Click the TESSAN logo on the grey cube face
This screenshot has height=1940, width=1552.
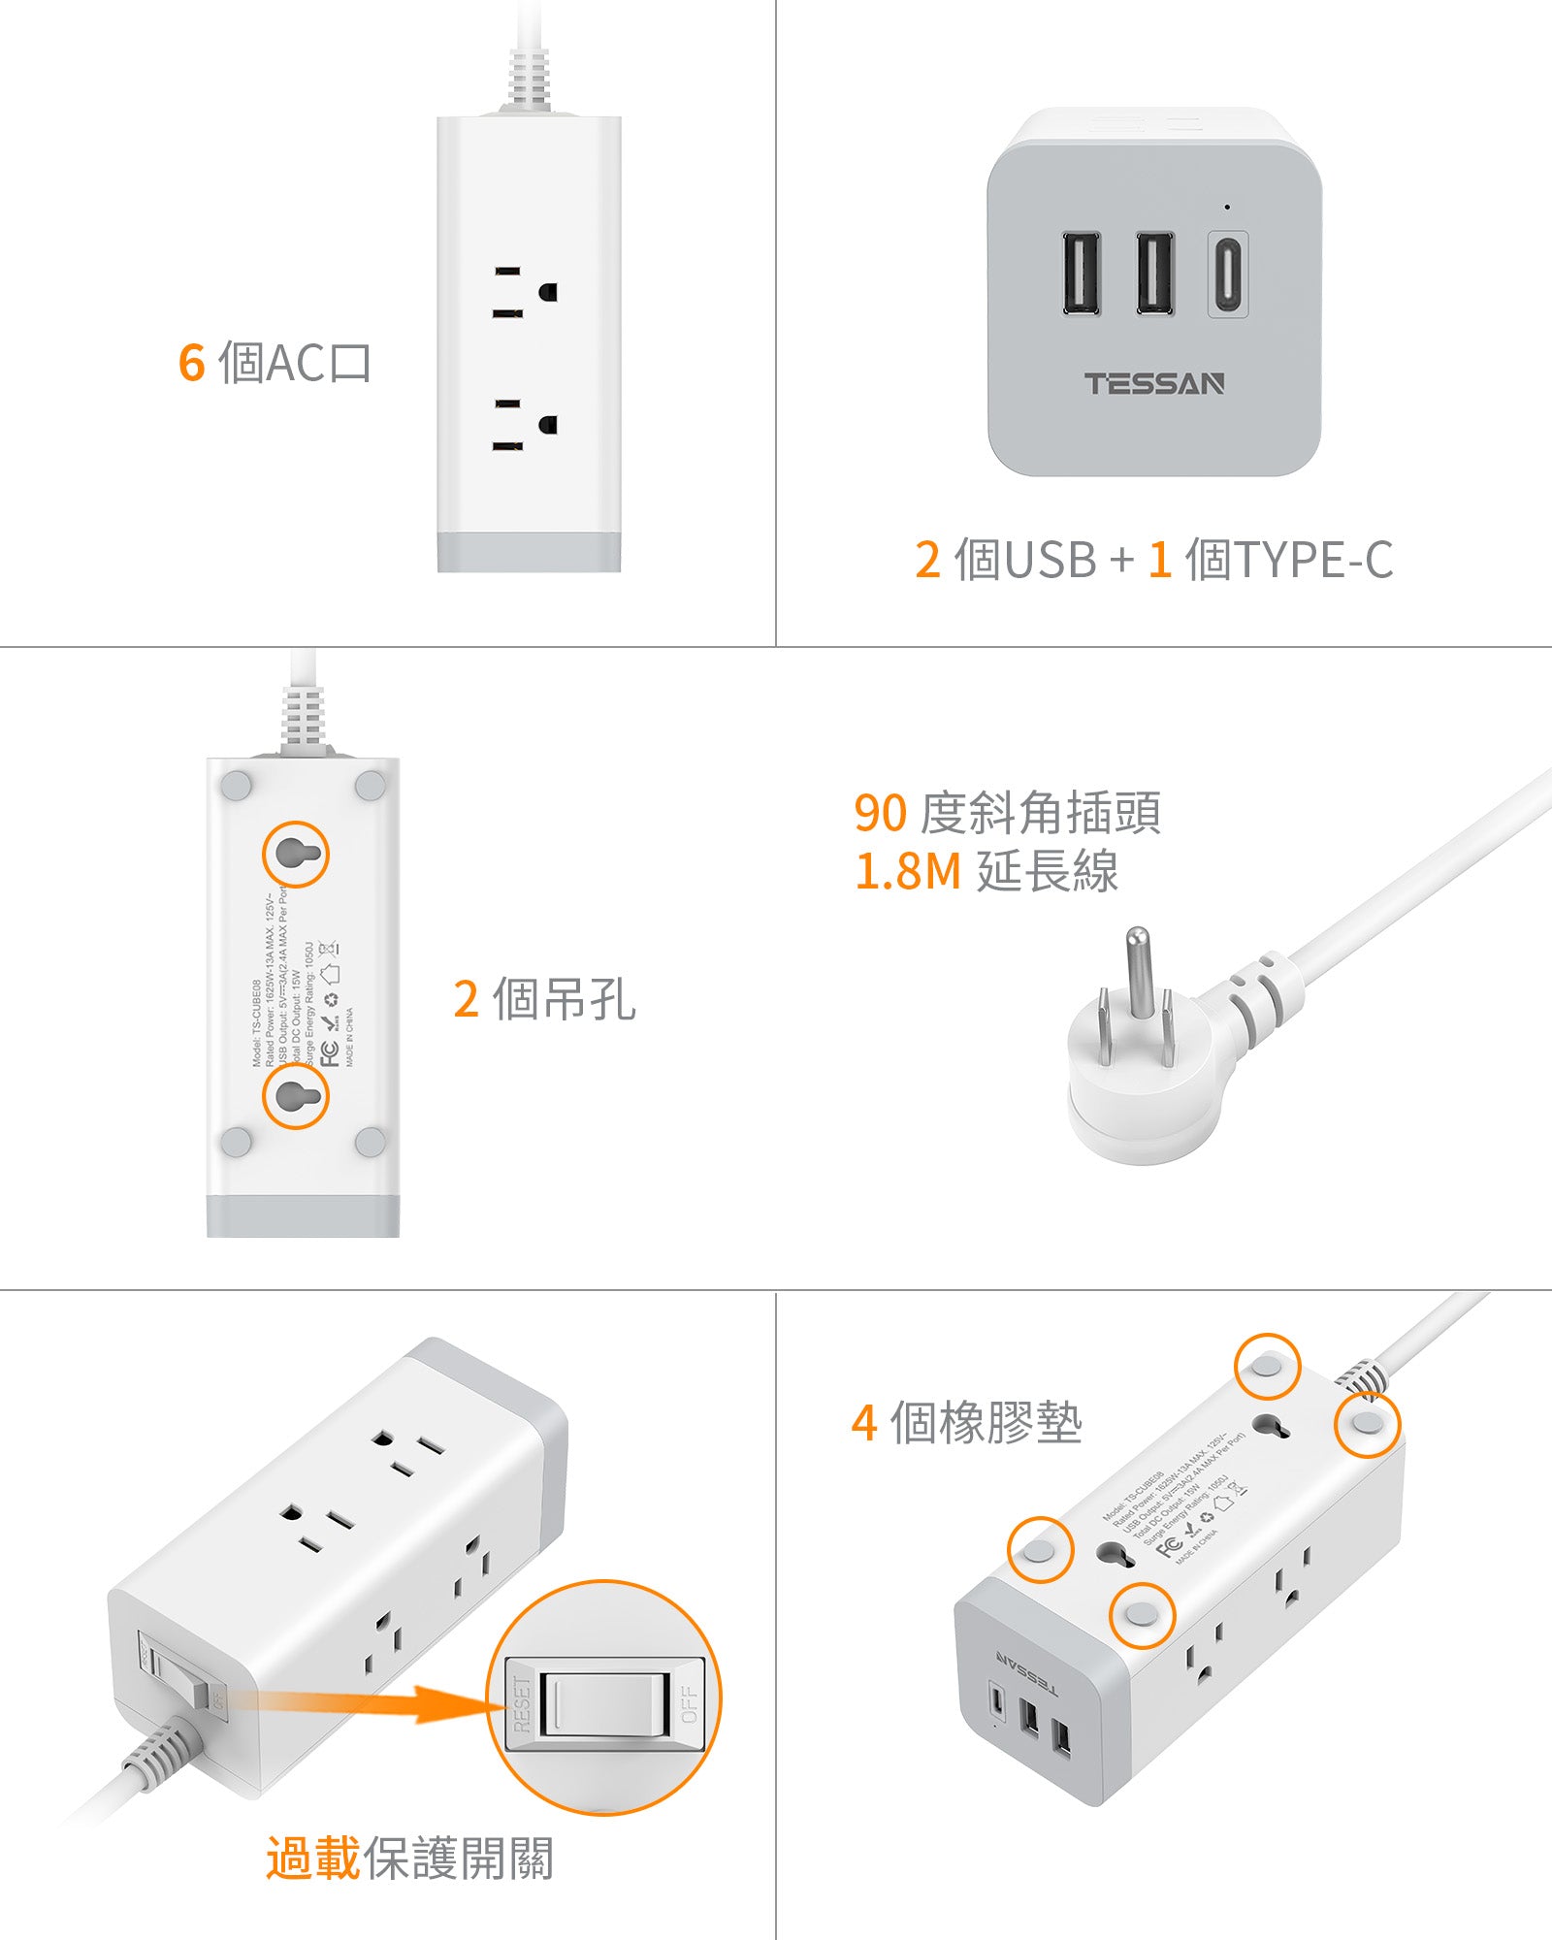tap(1154, 384)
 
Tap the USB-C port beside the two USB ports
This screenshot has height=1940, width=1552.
tap(1227, 274)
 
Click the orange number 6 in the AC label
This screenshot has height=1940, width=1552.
tap(191, 363)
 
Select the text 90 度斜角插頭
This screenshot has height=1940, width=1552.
tap(1007, 813)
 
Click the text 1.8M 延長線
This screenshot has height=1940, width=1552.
tap(986, 871)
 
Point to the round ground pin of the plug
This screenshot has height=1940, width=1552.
tap(1138, 970)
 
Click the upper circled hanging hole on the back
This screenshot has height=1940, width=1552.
tap(296, 854)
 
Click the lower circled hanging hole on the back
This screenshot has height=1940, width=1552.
tap(296, 1095)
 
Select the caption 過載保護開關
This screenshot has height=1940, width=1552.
tap(409, 1859)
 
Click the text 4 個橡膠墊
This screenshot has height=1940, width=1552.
tap(966, 1423)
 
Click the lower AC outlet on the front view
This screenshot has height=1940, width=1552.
tap(525, 425)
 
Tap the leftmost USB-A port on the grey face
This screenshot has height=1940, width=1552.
tap(1081, 274)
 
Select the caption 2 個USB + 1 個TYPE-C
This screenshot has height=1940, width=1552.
tap(1153, 560)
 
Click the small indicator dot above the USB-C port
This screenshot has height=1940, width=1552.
tap(1227, 207)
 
